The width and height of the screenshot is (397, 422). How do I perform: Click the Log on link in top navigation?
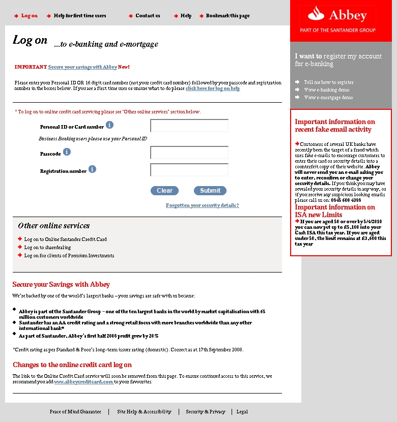click(29, 16)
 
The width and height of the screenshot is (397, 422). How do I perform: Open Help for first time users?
click(80, 16)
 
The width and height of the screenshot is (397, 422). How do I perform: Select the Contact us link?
click(148, 16)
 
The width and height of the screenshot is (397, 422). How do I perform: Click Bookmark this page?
click(228, 16)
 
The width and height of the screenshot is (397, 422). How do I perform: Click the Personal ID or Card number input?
click(189, 126)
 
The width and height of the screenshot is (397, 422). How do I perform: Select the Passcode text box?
click(189, 153)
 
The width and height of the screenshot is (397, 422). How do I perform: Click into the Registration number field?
click(189, 170)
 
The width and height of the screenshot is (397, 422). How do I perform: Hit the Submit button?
click(210, 191)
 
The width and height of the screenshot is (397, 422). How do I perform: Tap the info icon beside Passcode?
click(67, 152)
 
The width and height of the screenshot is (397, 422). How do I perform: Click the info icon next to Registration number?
click(92, 169)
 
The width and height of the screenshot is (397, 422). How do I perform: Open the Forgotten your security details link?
click(202, 205)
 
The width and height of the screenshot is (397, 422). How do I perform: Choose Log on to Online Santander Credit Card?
click(65, 239)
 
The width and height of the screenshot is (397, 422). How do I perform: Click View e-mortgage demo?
click(328, 97)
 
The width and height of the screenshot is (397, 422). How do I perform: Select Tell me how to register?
click(328, 82)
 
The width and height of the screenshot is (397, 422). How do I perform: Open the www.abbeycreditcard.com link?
click(83, 382)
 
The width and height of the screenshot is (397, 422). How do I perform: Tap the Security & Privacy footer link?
click(205, 412)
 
